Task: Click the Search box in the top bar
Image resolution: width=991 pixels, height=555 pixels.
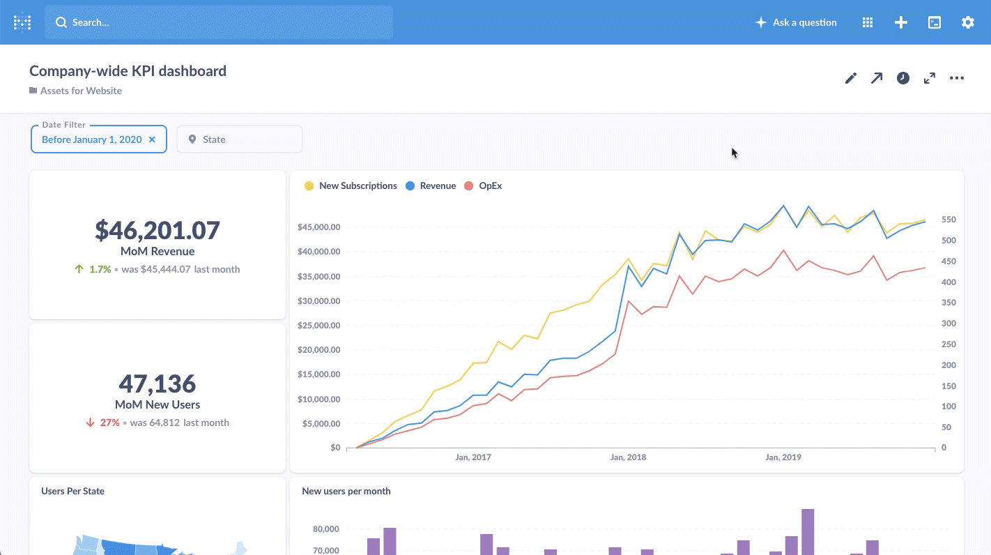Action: [219, 22]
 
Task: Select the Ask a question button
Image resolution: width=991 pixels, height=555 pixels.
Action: [796, 22]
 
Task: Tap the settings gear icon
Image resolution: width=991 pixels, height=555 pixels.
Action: [967, 22]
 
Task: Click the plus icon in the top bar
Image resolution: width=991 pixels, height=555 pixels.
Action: [900, 22]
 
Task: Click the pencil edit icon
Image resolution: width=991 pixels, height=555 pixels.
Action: [850, 78]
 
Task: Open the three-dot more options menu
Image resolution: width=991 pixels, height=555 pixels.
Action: [956, 78]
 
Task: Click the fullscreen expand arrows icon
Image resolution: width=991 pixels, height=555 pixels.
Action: [929, 78]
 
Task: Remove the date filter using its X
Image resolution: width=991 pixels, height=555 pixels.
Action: [152, 139]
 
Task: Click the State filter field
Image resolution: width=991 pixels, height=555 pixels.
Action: [239, 139]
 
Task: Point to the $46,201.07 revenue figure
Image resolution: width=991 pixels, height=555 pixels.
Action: [158, 230]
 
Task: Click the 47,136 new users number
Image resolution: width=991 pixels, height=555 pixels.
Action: [158, 383]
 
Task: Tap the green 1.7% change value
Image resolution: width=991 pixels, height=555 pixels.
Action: [100, 269]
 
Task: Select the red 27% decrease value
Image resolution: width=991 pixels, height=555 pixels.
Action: [109, 423]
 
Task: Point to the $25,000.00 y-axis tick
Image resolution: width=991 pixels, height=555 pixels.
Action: [318, 326]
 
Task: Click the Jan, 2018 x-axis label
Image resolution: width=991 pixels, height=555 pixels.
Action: [628, 457]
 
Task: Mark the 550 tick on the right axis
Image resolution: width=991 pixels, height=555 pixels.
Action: [948, 220]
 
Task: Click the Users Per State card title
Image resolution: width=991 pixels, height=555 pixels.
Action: [72, 491]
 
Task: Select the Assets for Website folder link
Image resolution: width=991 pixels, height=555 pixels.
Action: [80, 91]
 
